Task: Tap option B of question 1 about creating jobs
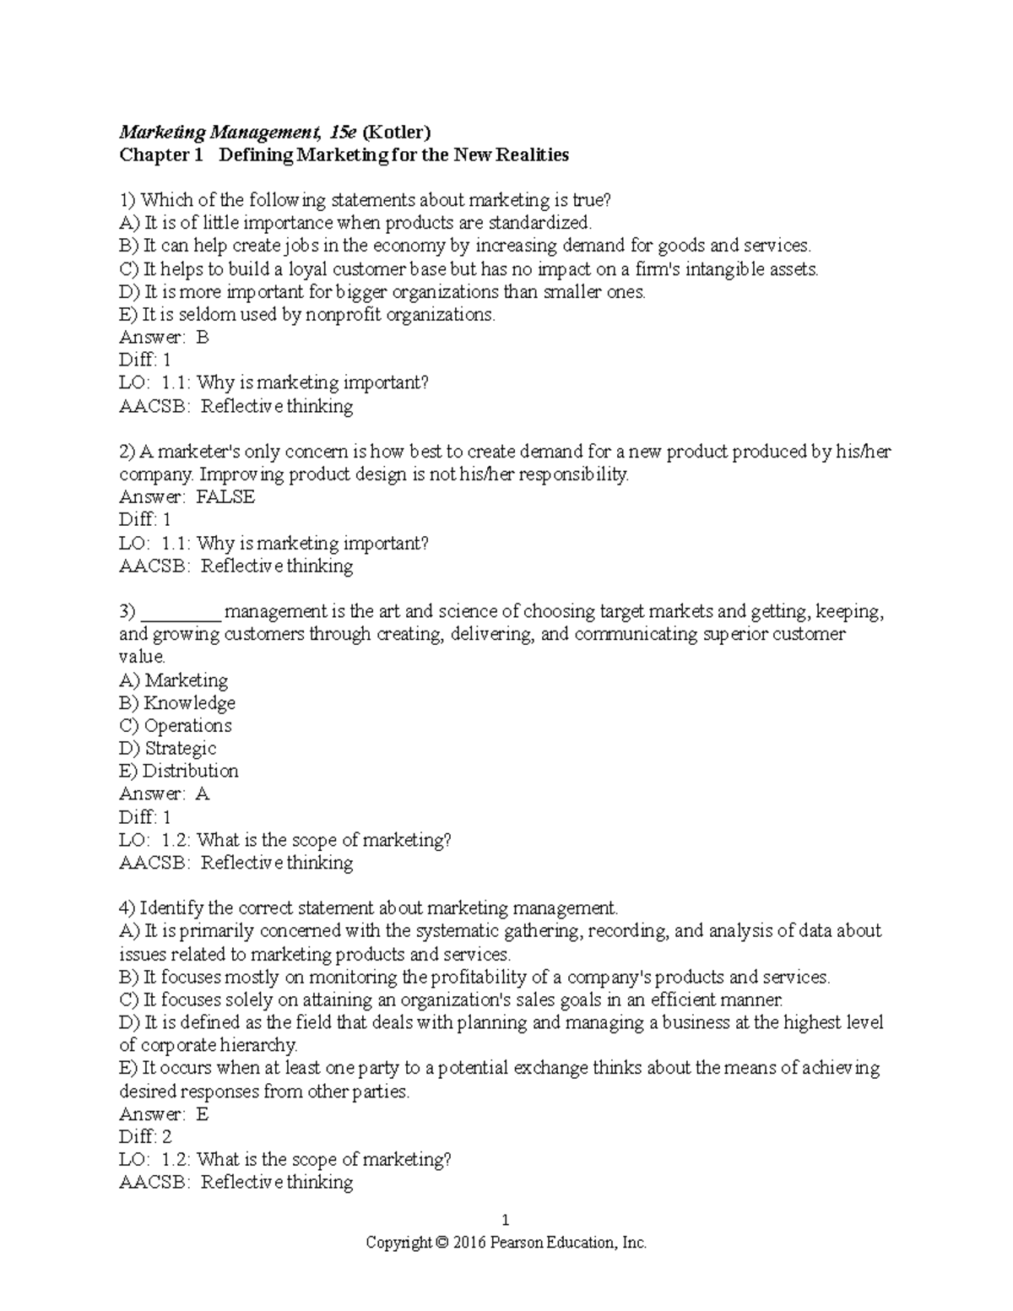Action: (465, 246)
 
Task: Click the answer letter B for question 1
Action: (202, 337)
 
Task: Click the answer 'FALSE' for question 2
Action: (225, 496)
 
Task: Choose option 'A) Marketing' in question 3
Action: (174, 680)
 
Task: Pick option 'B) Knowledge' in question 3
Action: (177, 703)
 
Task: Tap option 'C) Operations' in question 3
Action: (176, 726)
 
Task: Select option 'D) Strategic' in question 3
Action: (168, 749)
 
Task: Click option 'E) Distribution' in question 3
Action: (179, 771)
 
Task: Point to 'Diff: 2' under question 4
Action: (145, 1136)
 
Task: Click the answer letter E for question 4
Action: (202, 1113)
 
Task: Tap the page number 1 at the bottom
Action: (506, 1220)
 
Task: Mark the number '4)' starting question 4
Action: (127, 908)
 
